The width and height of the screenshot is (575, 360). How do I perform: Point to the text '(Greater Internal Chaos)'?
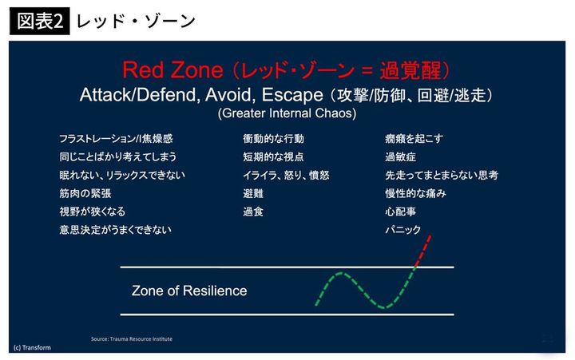287,113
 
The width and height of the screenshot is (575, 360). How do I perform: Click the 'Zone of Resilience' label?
189,291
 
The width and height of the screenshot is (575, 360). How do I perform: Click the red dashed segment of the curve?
423,251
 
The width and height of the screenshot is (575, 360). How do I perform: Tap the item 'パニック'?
402,230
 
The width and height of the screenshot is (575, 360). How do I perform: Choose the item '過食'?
253,212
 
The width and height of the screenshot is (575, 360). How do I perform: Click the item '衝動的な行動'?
273,138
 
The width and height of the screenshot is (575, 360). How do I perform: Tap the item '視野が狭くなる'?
92,212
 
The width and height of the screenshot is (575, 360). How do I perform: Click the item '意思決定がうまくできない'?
115,230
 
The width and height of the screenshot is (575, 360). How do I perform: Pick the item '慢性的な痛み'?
414,193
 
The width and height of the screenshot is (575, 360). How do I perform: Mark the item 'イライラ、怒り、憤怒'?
286,175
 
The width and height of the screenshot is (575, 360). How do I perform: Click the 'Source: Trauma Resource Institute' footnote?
132,339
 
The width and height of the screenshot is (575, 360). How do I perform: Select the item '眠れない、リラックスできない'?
121,175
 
